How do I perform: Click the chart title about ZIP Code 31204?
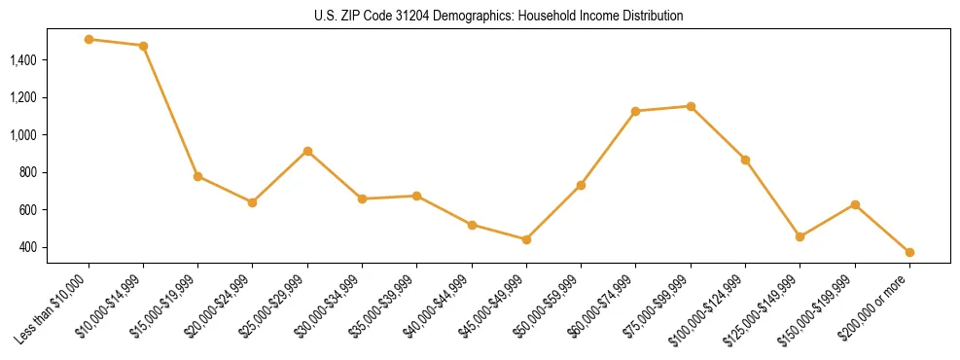tap(499, 16)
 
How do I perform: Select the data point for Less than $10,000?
tap(89, 40)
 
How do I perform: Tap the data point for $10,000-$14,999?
tap(143, 46)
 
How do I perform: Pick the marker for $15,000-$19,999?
tap(197, 176)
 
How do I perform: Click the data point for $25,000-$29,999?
tap(307, 151)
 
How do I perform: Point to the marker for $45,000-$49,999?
tap(526, 239)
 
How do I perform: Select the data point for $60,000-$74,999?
tap(635, 111)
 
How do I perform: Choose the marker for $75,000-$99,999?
tap(691, 106)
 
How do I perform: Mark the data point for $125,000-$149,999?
tap(800, 236)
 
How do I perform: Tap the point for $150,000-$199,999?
tap(855, 204)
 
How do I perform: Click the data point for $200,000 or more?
tap(909, 252)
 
